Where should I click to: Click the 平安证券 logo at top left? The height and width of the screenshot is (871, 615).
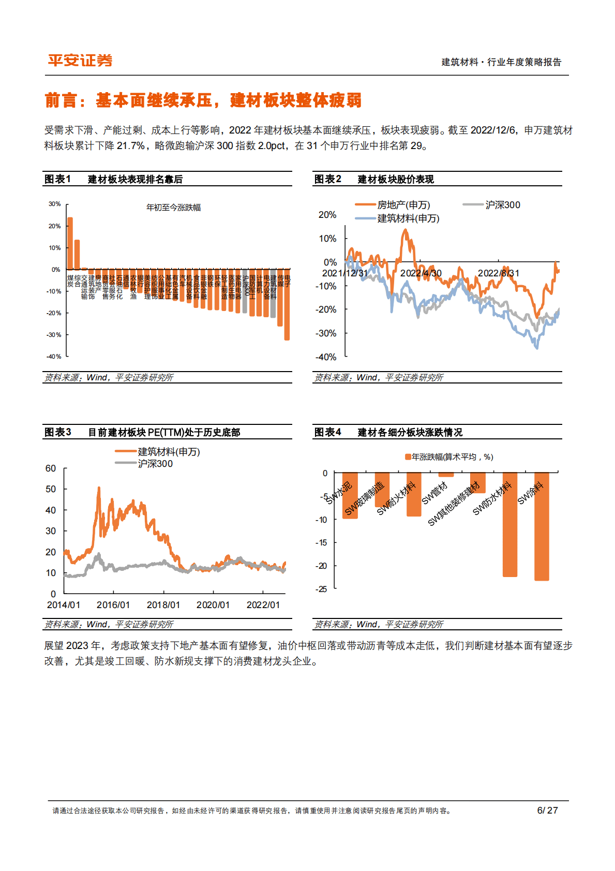[x=80, y=61]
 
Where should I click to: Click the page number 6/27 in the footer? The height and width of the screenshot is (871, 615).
[x=547, y=810]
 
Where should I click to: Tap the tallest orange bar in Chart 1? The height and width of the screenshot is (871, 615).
[x=70, y=243]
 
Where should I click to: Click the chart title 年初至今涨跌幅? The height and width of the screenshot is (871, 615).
[x=173, y=208]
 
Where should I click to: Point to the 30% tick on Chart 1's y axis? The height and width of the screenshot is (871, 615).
[x=55, y=204]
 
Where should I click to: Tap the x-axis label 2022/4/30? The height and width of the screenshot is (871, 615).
[x=421, y=273]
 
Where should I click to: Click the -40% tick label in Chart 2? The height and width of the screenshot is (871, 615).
[x=326, y=357]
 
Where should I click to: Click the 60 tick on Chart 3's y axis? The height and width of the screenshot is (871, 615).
[x=51, y=468]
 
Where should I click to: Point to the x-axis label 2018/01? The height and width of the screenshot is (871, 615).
[x=163, y=605]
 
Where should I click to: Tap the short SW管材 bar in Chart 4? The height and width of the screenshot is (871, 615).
[x=446, y=475]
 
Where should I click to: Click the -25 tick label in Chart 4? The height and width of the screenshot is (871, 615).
[x=321, y=589]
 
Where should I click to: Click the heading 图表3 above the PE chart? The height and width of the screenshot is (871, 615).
[x=57, y=432]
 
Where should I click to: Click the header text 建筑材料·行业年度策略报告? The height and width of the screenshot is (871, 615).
[x=501, y=62]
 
